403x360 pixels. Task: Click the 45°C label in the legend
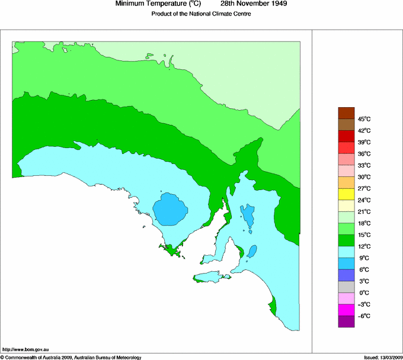(x=364, y=119)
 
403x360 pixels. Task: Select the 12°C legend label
(x=364, y=246)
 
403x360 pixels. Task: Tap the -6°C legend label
(x=364, y=316)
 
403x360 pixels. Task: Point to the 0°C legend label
(x=364, y=293)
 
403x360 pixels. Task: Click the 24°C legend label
(x=364, y=200)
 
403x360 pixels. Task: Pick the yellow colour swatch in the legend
(x=346, y=194)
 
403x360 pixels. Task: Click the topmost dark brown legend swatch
(x=346, y=113)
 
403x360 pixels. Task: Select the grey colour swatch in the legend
(x=346, y=287)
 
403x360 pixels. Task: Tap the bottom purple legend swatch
(x=346, y=322)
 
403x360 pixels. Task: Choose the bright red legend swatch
(x=346, y=148)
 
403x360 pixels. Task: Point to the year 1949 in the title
(x=277, y=4)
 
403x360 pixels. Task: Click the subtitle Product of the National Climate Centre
(x=201, y=14)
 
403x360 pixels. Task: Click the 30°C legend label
(x=364, y=177)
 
